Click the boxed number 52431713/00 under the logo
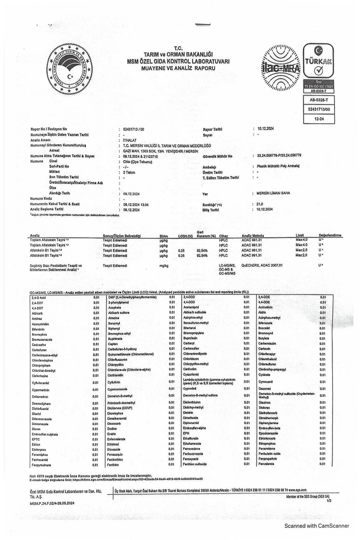point(319,109)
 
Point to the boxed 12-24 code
point(319,119)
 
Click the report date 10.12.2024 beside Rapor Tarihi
point(265,129)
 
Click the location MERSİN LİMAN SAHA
point(271,193)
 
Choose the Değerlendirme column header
point(330,235)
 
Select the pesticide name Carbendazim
point(267,343)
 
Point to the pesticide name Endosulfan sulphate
point(45,434)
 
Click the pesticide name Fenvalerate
point(266,464)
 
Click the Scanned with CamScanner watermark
point(316,526)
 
